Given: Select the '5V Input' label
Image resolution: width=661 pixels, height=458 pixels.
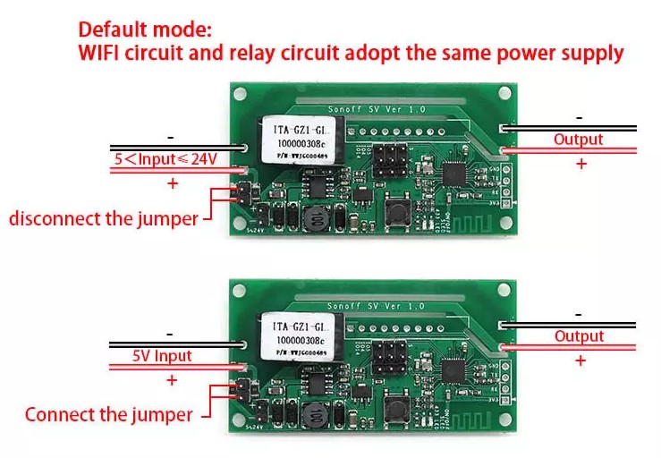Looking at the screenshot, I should pos(162,355).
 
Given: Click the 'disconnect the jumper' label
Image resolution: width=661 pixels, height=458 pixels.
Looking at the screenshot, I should pos(103,218).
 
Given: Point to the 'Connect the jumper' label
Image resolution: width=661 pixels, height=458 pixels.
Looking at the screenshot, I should pos(108,414).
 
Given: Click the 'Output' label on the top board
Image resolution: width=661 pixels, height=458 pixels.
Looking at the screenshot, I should pos(578,140).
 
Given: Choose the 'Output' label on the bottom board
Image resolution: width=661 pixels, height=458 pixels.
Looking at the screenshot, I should pos(579,336).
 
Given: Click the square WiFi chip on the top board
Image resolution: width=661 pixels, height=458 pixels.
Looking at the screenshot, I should pos(458,171).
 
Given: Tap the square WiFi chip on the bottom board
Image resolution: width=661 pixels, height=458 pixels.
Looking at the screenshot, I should pos(458,367).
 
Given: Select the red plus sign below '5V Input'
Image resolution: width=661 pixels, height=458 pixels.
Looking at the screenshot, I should pos(172,378).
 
